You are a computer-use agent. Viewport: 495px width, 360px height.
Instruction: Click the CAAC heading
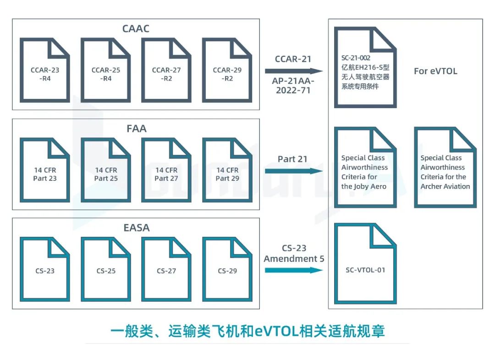coord(136,29)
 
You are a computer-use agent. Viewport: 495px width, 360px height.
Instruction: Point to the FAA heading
coord(136,129)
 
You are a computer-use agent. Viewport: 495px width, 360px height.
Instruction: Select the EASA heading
coord(136,227)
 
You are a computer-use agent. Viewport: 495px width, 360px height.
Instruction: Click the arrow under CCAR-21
coord(294,71)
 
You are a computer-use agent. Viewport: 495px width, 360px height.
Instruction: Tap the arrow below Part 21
coord(294,171)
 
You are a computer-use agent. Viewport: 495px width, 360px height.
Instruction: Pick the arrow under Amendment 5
coord(294,270)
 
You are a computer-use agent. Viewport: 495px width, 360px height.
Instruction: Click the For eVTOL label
coord(435,71)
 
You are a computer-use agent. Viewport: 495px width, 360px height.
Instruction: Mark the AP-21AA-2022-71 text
coord(293,85)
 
